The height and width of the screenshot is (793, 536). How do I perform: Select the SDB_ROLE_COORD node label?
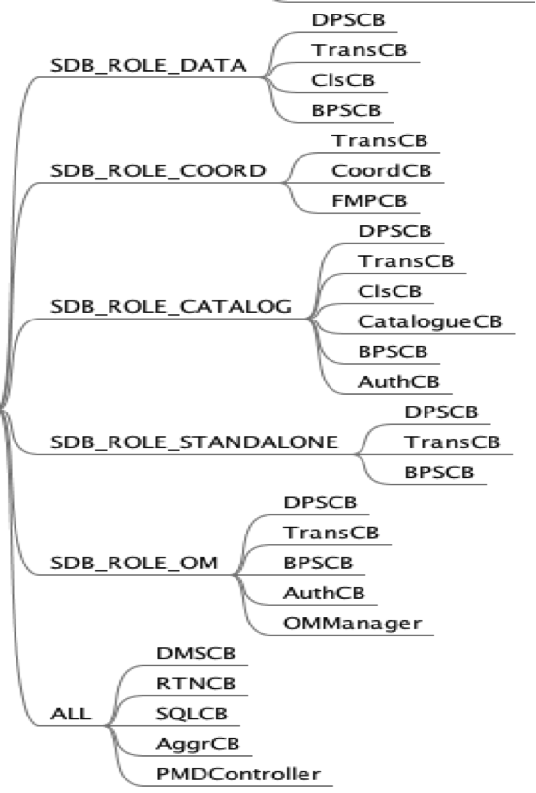point(158,170)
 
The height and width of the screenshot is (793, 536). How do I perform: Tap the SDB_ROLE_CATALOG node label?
point(171,306)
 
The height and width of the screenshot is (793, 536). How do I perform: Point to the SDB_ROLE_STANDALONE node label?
point(194,442)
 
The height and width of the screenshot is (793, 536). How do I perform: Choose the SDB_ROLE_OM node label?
point(135,563)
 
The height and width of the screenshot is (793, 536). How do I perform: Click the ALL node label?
point(71,714)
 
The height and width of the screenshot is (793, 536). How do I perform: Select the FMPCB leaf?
point(369,200)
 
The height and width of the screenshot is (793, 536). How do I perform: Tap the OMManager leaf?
point(353,623)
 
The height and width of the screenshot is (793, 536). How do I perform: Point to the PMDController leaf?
point(237,774)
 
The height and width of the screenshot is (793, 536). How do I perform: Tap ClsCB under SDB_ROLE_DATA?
point(343,79)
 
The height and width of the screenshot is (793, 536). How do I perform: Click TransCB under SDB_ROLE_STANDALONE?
point(452,442)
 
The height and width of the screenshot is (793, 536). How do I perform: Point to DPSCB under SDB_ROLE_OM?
point(320,502)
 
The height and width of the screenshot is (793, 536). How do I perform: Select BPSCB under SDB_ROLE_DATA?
point(347,109)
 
